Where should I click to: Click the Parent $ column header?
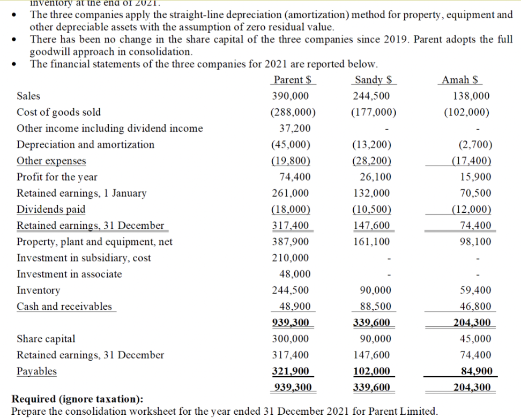(292, 80)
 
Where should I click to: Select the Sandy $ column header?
(373, 80)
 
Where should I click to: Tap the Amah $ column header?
(460, 80)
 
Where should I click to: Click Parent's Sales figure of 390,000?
(290, 96)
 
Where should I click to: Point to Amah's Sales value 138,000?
(471, 96)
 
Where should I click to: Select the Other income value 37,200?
(294, 129)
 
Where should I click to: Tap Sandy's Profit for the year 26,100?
(372, 177)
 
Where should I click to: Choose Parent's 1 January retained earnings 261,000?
(290, 193)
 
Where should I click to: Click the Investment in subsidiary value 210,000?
(290, 258)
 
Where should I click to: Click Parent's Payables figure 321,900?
(290, 371)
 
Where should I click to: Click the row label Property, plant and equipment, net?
(94, 242)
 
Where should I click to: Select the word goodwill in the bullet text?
(51, 51)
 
